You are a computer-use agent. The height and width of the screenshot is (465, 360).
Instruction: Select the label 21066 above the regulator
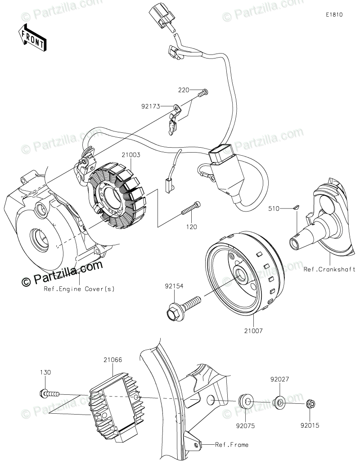(112, 360)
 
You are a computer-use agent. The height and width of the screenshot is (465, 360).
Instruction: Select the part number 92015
(310, 423)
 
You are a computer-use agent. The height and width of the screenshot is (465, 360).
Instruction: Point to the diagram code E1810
(334, 14)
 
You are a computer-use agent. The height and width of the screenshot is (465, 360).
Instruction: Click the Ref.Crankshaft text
(329, 270)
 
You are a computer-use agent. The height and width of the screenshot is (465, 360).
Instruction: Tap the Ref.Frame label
(231, 445)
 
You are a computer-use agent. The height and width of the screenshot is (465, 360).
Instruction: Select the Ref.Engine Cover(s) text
(79, 289)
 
